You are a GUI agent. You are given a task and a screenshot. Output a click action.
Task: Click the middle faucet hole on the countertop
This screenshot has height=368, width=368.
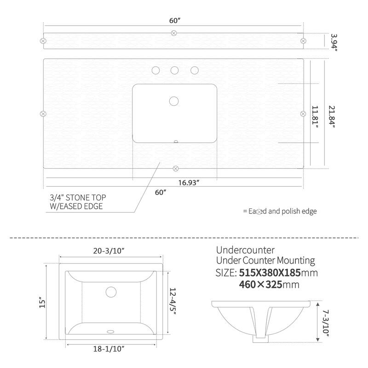[175, 70]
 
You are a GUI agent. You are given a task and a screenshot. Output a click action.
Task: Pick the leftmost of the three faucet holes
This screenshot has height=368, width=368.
[155, 70]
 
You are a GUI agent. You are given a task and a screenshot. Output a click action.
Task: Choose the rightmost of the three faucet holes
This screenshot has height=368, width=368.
[195, 70]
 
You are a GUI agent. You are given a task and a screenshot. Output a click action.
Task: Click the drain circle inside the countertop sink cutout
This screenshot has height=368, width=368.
[174, 101]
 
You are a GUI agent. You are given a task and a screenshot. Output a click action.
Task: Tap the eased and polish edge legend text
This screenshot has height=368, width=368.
[280, 211]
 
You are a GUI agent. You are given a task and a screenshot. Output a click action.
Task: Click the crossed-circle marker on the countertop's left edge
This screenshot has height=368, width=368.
[43, 113]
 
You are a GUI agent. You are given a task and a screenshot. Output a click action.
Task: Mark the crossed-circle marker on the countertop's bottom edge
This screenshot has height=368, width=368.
[174, 167]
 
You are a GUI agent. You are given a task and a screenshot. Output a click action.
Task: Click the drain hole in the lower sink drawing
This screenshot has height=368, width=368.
[110, 292]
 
